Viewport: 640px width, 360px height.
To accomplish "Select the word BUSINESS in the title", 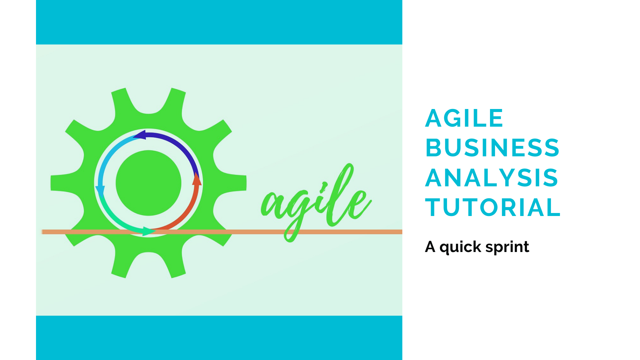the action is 492,148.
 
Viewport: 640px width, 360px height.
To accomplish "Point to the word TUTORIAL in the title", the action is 493,207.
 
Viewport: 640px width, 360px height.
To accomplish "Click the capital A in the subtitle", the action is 430,247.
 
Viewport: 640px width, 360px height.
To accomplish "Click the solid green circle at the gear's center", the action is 149,183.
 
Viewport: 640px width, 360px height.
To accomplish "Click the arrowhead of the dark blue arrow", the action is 139,135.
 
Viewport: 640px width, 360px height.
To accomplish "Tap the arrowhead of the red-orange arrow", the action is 197,179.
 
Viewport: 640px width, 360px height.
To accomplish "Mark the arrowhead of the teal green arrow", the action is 149,231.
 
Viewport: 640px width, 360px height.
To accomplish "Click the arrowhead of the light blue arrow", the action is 100,190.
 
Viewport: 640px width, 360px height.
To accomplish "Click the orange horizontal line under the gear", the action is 222,232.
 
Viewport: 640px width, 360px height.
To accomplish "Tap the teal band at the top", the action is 219,22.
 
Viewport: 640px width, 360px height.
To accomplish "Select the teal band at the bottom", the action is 219,338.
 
